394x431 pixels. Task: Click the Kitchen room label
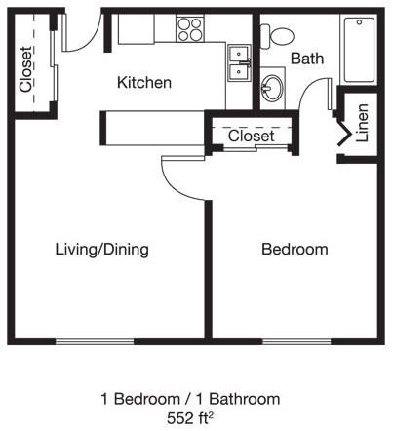144,83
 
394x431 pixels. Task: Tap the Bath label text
306,59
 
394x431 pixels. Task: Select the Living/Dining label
101,250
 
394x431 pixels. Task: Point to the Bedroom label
295,250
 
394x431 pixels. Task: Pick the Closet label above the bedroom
252,137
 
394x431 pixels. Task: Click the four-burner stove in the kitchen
189,30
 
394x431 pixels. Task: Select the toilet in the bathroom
281,36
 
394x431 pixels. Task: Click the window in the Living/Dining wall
94,340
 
